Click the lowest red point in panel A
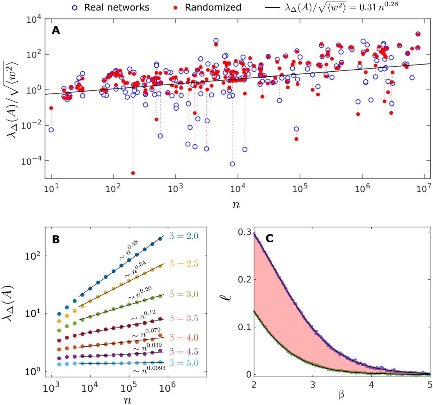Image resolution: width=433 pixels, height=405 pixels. (133, 173)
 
